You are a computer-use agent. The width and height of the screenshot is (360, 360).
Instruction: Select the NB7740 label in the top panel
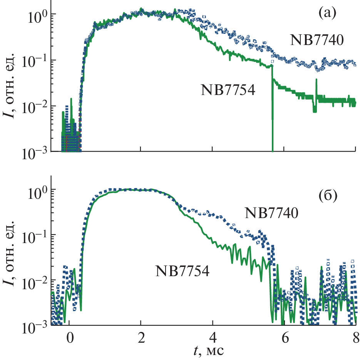pyautogui.click(x=317, y=40)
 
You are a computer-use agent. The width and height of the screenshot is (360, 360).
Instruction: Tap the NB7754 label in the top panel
pyautogui.click(x=229, y=90)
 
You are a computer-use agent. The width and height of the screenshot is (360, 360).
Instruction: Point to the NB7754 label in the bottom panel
pyautogui.click(x=183, y=271)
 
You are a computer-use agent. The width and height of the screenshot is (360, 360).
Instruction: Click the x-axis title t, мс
pyautogui.click(x=210, y=351)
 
